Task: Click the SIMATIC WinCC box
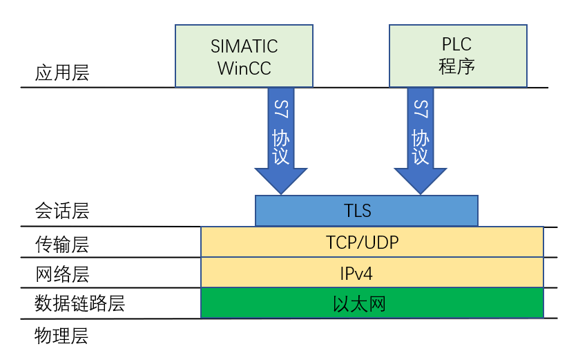click(x=244, y=57)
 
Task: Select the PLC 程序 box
click(x=458, y=57)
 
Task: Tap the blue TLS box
click(x=366, y=211)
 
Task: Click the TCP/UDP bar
click(x=372, y=243)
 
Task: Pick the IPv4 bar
click(x=372, y=273)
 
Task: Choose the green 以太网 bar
click(x=372, y=303)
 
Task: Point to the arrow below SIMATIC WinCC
click(x=280, y=142)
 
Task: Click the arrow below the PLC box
click(x=421, y=142)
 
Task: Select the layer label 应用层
click(x=62, y=73)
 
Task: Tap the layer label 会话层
click(x=62, y=211)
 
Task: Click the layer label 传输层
click(x=62, y=244)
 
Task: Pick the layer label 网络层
click(x=62, y=274)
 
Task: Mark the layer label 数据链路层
click(x=80, y=304)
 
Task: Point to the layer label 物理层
click(x=62, y=337)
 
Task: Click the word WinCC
click(x=244, y=68)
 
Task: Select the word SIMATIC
click(x=244, y=46)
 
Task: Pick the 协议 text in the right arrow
click(x=421, y=146)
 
